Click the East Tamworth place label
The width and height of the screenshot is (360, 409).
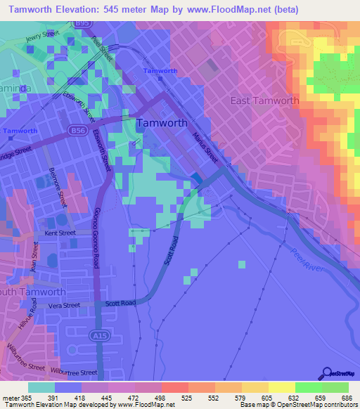pyautogui.click(x=265, y=100)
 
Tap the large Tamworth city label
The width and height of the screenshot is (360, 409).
pyautogui.click(x=162, y=122)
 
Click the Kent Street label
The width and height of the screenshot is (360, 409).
pyautogui.click(x=60, y=232)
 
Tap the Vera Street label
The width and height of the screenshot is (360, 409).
pyautogui.click(x=64, y=306)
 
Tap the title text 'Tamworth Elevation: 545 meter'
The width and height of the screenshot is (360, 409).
pyautogui.click(x=84, y=10)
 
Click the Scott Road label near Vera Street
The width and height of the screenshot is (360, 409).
pyautogui.click(x=120, y=303)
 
